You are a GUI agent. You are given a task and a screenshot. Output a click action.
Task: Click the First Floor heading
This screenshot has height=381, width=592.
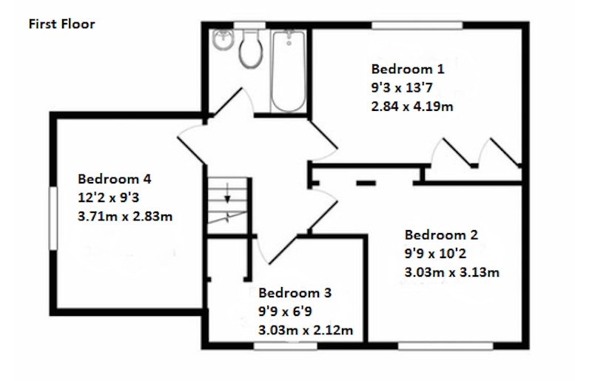pos(61,24)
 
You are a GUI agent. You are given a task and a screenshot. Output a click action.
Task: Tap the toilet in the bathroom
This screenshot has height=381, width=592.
pos(250,49)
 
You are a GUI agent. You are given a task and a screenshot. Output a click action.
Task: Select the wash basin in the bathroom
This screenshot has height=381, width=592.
pos(223,39)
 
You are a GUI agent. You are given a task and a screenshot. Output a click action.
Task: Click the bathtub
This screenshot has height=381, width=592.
pos(289,71)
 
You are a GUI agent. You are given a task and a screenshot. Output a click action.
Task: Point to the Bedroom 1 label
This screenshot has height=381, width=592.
pos(408,69)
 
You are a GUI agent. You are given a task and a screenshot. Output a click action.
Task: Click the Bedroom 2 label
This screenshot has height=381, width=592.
pos(441,235)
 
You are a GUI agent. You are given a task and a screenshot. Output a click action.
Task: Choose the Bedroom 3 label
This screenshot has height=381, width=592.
pos(295,293)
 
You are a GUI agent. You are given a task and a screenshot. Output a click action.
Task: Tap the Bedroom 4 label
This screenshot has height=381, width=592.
pos(115,178)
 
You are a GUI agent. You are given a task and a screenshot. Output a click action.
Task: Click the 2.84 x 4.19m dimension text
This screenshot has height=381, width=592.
pos(412,107)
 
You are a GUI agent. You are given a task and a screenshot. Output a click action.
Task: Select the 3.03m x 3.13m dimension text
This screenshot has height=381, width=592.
pos(452,272)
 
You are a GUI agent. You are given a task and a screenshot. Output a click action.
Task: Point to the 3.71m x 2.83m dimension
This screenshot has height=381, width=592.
pos(125,216)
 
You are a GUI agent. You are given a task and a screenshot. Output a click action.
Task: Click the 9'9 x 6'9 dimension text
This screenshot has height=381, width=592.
pos(285,311)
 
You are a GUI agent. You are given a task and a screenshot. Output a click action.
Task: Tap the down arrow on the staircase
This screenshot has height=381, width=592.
pos(227,193)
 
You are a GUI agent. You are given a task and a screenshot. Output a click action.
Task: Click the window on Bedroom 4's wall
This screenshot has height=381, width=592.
pos(53,218)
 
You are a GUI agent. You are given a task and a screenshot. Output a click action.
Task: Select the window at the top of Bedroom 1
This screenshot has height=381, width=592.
pos(417,25)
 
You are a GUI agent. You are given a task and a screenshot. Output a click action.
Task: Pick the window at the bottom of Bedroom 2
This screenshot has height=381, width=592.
pos(445,346)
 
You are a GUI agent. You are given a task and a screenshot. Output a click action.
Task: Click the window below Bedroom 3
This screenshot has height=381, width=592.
pos(285,346)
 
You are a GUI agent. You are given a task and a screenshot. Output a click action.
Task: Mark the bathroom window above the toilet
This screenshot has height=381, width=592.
pos(249,25)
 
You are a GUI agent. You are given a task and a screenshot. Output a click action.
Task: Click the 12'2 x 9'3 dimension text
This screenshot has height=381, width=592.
pos(109,198)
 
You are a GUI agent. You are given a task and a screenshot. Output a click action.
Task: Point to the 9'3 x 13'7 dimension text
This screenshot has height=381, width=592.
pos(402,88)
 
